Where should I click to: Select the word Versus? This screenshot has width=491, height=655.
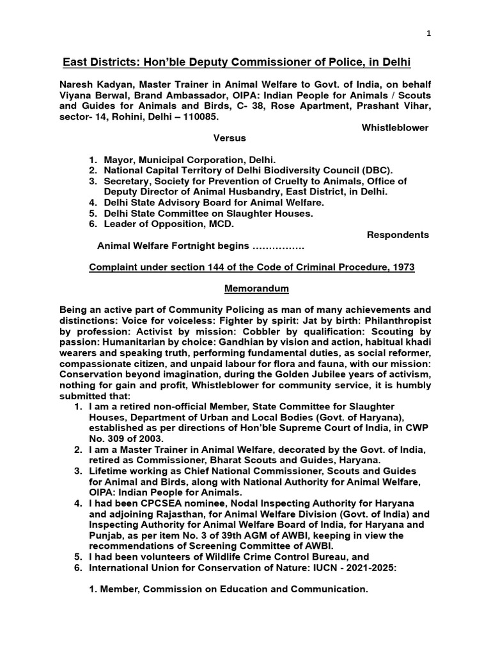229,138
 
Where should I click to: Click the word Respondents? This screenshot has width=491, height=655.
398,235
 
